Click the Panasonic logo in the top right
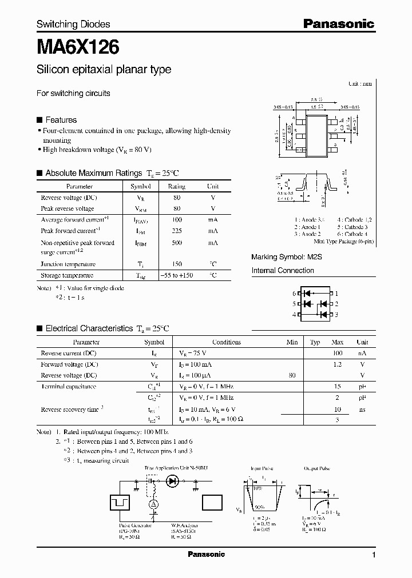click(x=338, y=24)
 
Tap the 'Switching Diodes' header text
click(x=73, y=25)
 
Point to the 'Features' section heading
click(x=61, y=120)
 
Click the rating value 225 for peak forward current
click(x=177, y=231)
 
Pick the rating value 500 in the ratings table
click(x=177, y=243)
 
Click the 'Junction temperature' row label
click(x=68, y=264)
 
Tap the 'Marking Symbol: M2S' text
click(x=287, y=258)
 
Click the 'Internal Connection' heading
click(x=283, y=271)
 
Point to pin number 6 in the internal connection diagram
click(x=294, y=293)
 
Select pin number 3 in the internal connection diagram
click(x=336, y=315)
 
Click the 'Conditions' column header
click(x=227, y=342)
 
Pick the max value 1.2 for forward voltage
click(x=337, y=364)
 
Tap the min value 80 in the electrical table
click(x=292, y=375)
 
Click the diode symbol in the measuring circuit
click(x=172, y=481)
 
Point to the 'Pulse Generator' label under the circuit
click(x=136, y=525)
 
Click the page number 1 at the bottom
click(x=374, y=555)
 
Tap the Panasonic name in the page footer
click(x=207, y=555)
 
